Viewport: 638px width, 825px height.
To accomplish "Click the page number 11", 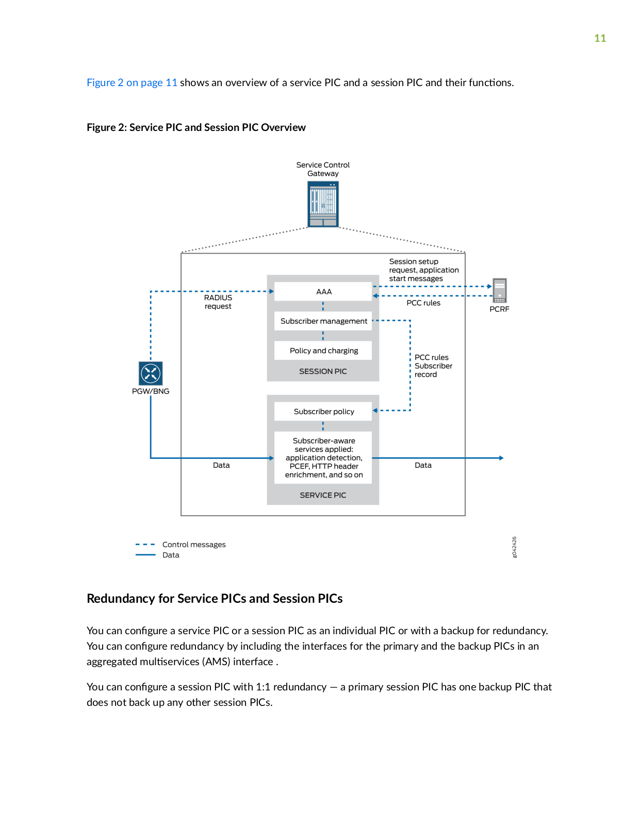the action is pos(600,38).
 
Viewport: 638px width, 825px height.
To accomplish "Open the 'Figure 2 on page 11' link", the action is pos(132,82).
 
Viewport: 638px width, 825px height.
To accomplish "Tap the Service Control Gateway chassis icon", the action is pos(323,204).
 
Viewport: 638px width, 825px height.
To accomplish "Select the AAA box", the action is pos(323,291).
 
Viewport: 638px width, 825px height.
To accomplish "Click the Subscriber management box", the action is pos(323,321).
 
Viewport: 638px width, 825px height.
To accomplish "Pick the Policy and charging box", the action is pos(323,351).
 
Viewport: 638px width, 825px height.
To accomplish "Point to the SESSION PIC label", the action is pos(323,371).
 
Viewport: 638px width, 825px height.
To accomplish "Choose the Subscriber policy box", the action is pos(323,411).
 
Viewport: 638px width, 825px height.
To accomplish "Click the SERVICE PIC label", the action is pos(323,495).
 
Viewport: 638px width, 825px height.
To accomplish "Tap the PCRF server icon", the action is pos(499,290).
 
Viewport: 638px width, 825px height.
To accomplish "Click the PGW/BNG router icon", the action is pos(151,373).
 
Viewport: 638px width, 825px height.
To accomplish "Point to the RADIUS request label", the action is pos(218,302).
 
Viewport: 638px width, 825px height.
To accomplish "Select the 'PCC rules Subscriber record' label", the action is pos(433,366).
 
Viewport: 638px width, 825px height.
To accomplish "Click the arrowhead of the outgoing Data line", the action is pos(501,458).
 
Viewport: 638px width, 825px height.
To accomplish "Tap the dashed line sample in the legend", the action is pos(145,544).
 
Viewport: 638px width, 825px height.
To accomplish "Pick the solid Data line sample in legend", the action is pos(145,555).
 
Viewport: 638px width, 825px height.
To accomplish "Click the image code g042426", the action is pos(514,547).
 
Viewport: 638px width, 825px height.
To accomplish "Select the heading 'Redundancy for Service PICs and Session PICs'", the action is pos(215,598).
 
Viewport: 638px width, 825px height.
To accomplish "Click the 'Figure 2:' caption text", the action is pos(107,127).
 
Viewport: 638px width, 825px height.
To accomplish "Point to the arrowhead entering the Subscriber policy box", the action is pos(375,410).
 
